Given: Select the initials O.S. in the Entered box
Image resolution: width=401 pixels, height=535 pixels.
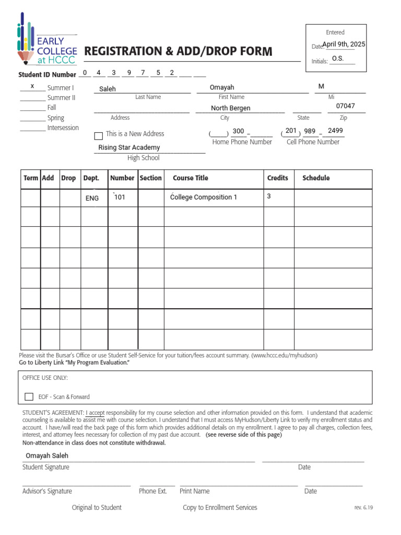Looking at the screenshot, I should coord(338,59).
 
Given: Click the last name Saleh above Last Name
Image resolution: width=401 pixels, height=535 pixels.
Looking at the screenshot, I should coord(108,89).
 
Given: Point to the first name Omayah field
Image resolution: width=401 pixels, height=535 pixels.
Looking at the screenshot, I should coord(222,87).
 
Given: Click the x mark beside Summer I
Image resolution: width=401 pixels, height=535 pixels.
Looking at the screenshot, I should coord(32,86).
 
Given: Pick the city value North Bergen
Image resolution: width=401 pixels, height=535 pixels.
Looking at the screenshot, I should coord(230,108).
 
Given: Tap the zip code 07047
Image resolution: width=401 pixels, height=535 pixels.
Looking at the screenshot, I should coord(345,106).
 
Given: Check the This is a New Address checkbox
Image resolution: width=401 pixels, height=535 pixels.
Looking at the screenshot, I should coord(98,136).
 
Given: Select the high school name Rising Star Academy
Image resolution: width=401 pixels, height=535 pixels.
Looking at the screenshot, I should coord(129,147).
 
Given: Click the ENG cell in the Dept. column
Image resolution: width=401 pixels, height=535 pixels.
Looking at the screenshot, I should coord(92,199).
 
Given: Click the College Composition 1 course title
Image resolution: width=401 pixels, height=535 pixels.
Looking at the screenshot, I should coord(204,197).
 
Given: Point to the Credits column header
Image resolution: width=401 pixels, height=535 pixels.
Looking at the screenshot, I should coord(277,178).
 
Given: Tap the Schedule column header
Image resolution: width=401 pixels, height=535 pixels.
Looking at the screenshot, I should coord(316,178).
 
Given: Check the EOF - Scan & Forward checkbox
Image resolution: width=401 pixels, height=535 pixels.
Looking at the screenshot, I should coord(29,397).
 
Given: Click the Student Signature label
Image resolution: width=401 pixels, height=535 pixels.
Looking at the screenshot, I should coord(45,467).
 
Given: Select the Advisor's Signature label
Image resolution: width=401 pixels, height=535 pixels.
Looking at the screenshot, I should coord(47,491).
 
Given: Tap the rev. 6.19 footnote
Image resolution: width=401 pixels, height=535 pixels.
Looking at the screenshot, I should coord(364,507).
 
